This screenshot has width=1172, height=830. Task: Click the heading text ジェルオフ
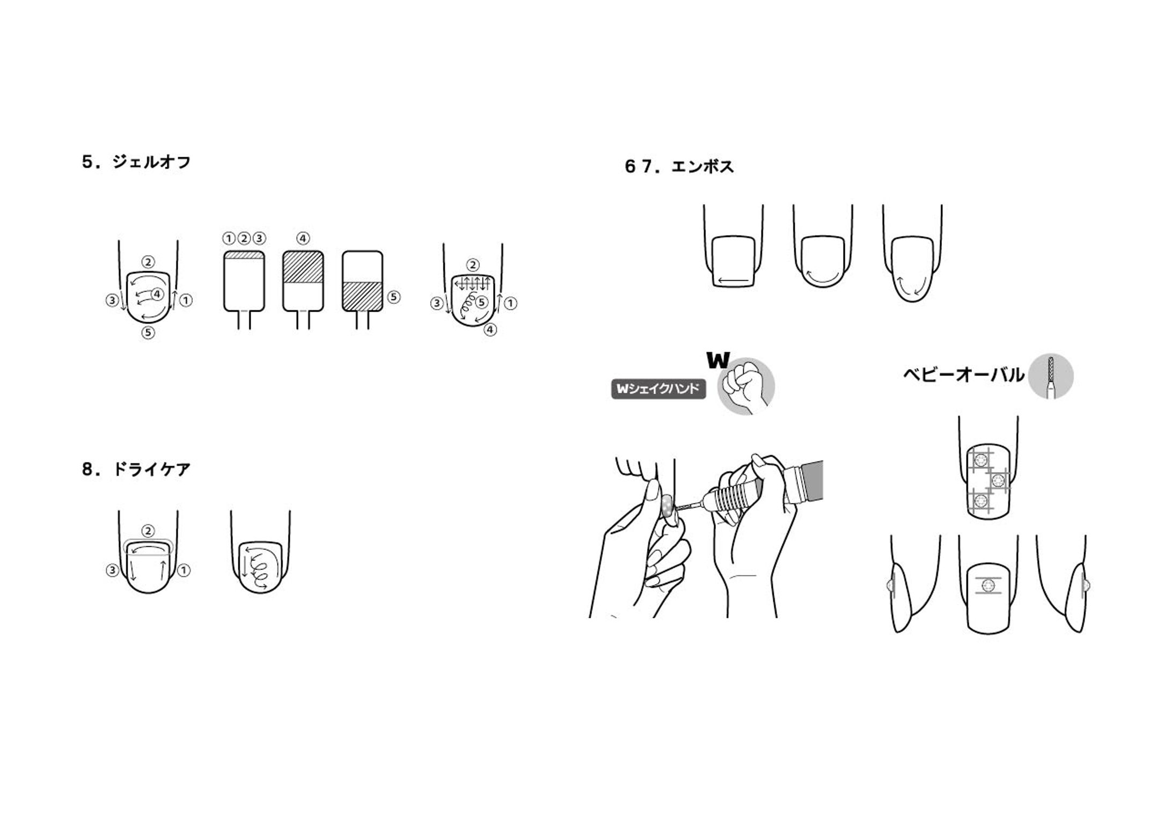pos(152,162)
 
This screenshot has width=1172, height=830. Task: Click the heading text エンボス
pos(702,167)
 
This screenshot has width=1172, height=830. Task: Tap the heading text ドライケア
pos(152,469)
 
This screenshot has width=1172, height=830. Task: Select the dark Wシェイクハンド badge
pos(658,389)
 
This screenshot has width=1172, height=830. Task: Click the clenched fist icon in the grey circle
pos(745,387)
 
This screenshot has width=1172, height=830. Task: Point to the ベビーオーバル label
pos(964,375)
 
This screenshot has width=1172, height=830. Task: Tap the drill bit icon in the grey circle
pos(1051,377)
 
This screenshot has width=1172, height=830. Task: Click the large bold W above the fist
pos(718,360)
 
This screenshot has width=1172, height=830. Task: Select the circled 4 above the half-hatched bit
pos(303,238)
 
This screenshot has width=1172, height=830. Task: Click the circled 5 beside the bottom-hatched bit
pos(394,297)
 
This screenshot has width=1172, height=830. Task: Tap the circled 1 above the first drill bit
pos(229,238)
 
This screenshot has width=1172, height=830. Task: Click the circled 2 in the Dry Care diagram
pos(148,531)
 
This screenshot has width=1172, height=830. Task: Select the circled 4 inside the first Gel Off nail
pos(157,293)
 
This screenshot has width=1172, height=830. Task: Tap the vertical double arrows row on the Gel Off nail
pos(472,283)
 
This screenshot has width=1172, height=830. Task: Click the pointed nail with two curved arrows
pos(913,269)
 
